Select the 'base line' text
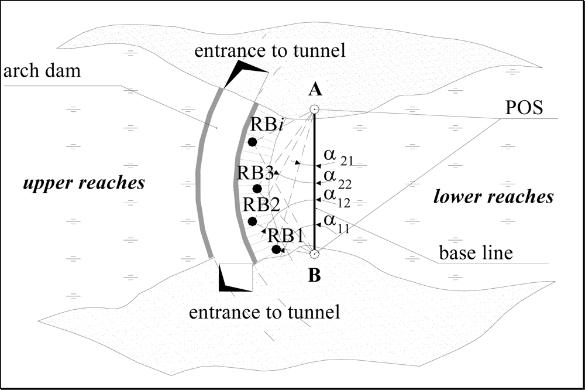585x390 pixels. [476, 254]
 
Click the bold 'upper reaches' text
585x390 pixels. [84, 183]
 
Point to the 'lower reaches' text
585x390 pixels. [493, 196]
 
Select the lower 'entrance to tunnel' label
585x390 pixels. [264, 312]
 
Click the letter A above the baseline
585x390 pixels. [315, 89]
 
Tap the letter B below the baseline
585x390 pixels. [315, 276]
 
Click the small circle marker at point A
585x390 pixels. [315, 110]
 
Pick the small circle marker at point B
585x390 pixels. [314, 254]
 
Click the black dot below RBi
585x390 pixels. [252, 142]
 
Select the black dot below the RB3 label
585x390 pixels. [257, 189]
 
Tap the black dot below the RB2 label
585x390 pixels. [252, 221]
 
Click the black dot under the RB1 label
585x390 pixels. [276, 249]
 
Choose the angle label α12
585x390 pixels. [335, 196]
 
